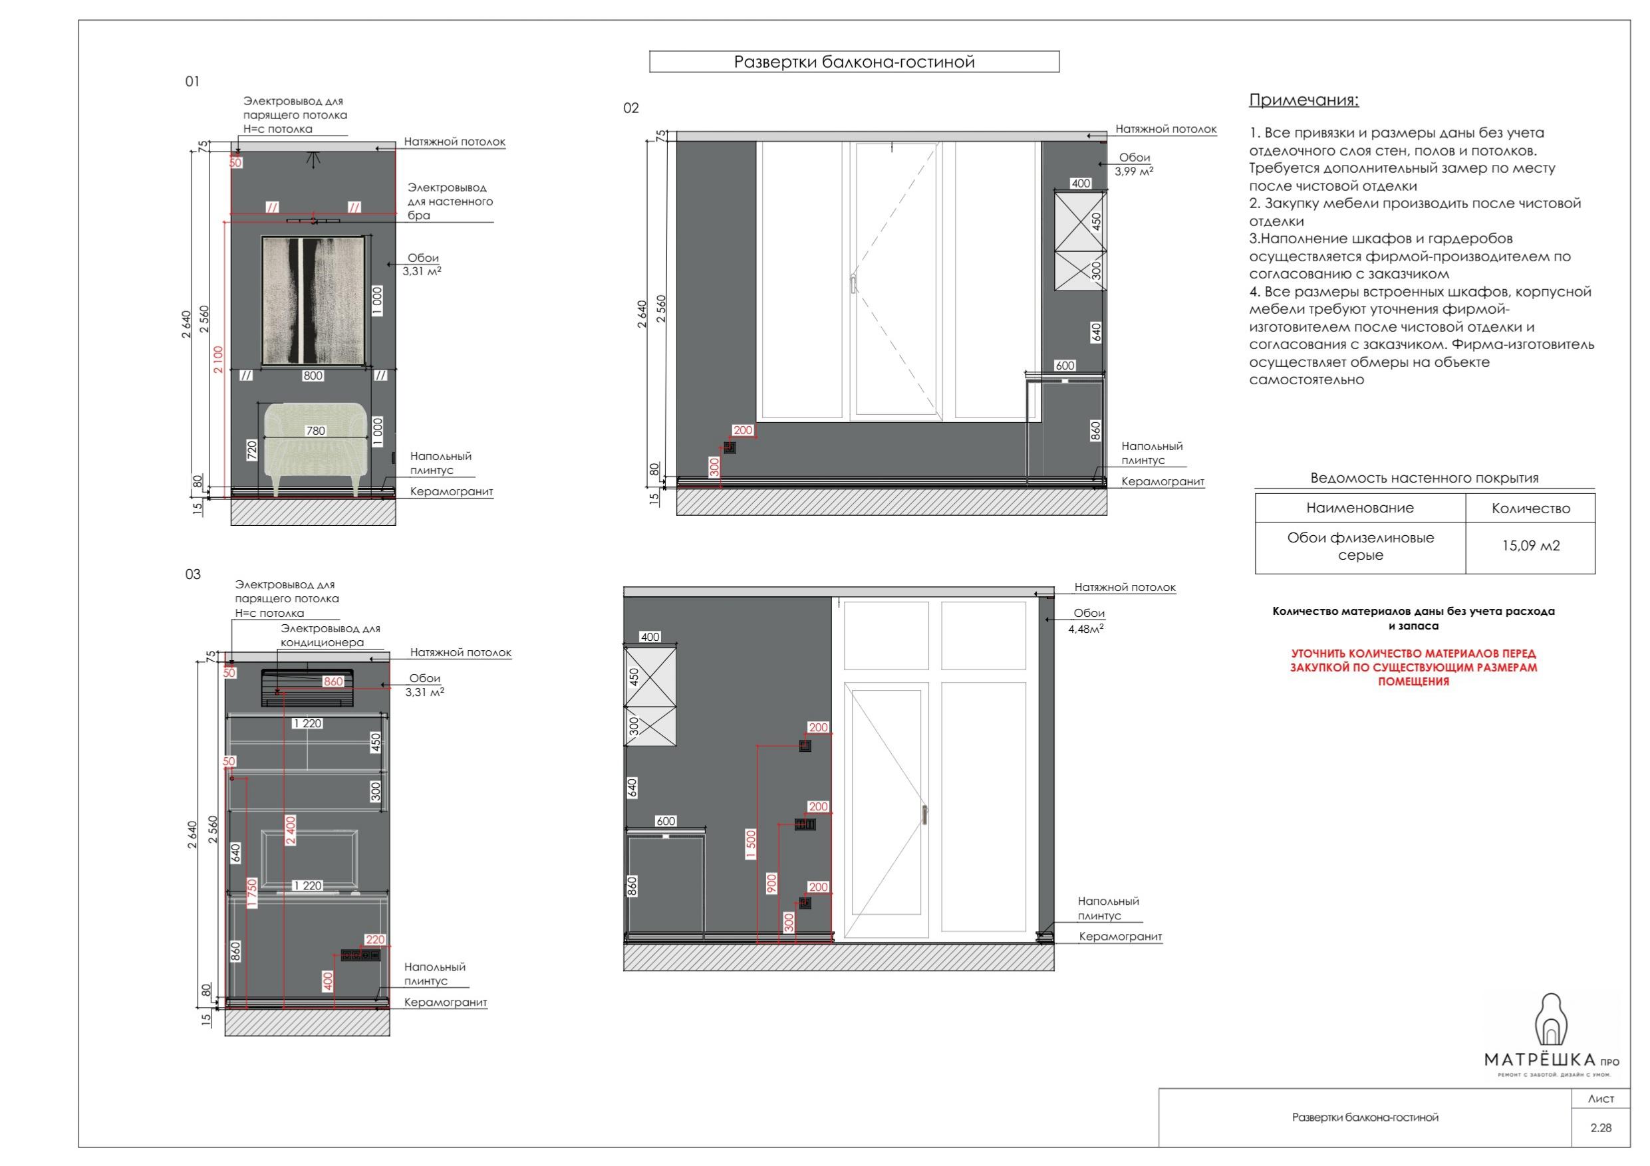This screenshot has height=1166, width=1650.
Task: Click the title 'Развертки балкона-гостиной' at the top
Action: pyautogui.click(x=854, y=62)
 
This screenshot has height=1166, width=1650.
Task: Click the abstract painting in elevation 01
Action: pyautogui.click(x=313, y=300)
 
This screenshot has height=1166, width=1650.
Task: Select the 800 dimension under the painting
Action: pyautogui.click(x=313, y=375)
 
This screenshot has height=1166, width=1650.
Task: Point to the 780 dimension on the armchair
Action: pyautogui.click(x=315, y=431)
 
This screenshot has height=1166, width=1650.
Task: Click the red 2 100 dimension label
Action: pyautogui.click(x=218, y=360)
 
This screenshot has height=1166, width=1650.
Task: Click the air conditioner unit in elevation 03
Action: pyautogui.click(x=307, y=687)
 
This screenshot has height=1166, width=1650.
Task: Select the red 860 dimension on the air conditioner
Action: pyautogui.click(x=333, y=681)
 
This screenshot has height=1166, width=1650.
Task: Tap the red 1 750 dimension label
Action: pyautogui.click(x=252, y=893)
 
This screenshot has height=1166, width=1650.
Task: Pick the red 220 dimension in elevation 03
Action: pyautogui.click(x=375, y=940)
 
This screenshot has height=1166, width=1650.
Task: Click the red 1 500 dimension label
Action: pyautogui.click(x=751, y=845)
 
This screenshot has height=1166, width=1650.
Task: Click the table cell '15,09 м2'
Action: pyautogui.click(x=1531, y=546)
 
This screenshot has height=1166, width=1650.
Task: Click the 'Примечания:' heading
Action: pyautogui.click(x=1304, y=100)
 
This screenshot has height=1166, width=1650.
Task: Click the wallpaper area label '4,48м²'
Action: pyautogui.click(x=1086, y=629)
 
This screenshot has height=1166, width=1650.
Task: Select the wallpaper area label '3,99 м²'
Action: pyautogui.click(x=1134, y=171)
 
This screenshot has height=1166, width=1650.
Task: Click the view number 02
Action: pyautogui.click(x=631, y=108)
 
